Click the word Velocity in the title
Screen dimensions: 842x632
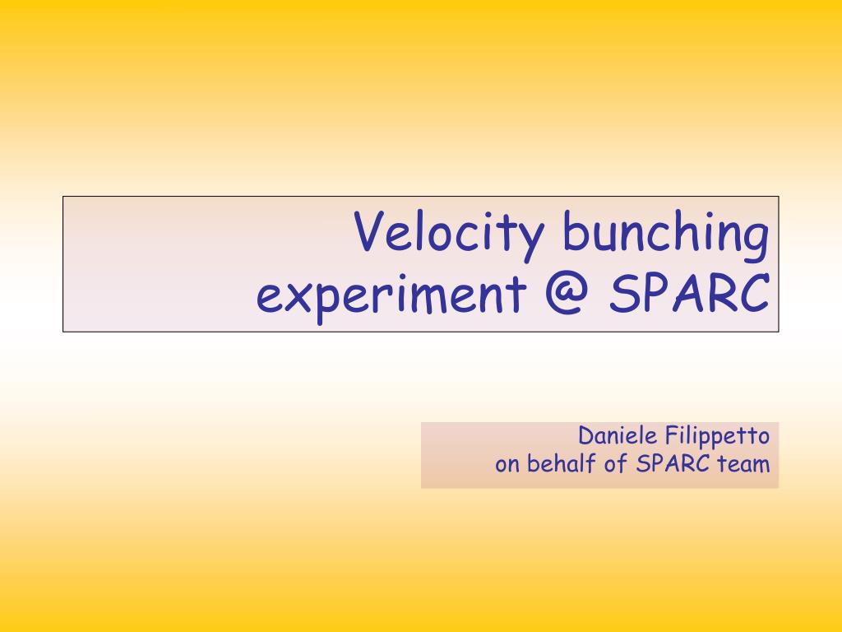click(x=448, y=235)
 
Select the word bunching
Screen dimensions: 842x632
click(x=666, y=235)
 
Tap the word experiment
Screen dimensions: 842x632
click(x=391, y=296)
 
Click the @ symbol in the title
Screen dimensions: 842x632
click(x=567, y=293)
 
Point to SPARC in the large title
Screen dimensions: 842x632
click(x=690, y=293)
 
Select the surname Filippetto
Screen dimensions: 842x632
click(x=717, y=436)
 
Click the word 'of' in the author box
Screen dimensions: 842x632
click(x=616, y=464)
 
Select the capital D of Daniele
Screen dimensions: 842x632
click(x=586, y=436)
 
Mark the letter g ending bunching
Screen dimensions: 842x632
click(x=757, y=243)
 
